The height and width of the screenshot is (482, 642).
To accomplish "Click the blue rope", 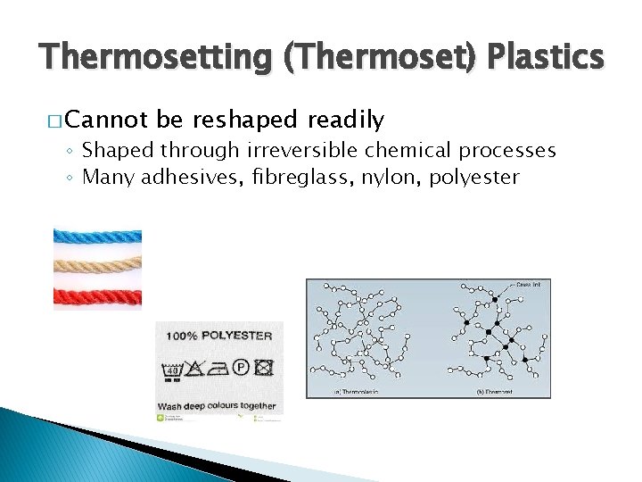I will (x=97, y=237).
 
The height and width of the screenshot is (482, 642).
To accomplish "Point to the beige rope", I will (x=97, y=266).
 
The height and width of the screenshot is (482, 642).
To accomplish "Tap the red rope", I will (x=97, y=295).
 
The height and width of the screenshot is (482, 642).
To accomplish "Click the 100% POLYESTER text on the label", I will (x=218, y=336).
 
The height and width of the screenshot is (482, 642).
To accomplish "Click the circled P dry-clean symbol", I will (x=240, y=367).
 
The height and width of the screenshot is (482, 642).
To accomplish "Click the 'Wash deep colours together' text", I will (x=218, y=406).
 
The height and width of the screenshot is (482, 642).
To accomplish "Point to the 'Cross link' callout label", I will (x=527, y=285).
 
